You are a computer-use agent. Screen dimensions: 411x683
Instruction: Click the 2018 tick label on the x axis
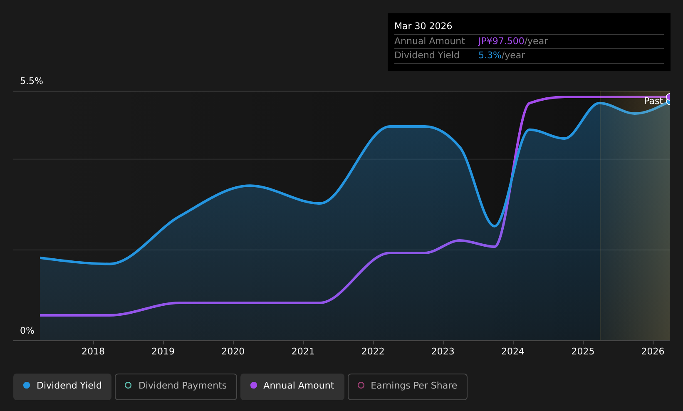coord(93,352)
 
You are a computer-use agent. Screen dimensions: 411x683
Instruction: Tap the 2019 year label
coord(163,352)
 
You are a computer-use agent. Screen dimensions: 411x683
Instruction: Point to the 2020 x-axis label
coord(233,352)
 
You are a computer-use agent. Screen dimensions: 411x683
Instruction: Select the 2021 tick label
coord(303,352)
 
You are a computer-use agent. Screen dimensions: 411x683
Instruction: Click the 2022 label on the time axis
coord(373,352)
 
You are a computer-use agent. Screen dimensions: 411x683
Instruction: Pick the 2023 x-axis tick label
coord(443,352)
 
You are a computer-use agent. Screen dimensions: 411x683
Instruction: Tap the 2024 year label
coord(513,352)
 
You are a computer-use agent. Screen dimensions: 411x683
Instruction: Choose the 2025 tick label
coord(583,352)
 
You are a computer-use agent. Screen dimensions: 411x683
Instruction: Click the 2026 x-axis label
coord(653,352)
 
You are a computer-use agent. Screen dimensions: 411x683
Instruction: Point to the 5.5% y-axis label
coord(32,81)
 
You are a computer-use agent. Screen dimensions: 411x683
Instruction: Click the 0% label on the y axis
coord(27,331)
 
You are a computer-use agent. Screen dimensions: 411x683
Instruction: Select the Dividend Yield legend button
coord(62,386)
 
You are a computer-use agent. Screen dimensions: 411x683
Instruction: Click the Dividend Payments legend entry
coord(176,386)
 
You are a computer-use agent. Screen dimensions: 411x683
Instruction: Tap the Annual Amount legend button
coord(292,386)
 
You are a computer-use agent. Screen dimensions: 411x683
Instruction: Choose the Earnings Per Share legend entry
coord(408,386)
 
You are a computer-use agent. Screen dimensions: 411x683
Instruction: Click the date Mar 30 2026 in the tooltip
coord(423,26)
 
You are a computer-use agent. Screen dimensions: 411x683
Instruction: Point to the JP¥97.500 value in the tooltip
coord(501,41)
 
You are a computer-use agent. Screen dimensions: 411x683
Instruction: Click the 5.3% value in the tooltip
coord(490,55)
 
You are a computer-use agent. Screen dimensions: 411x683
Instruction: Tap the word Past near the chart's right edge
coord(653,101)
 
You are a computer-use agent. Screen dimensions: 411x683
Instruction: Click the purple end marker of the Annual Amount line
coord(669,97)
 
